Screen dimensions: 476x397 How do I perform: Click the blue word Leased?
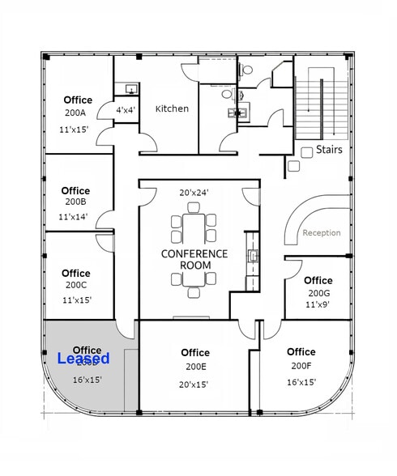(x=83, y=357)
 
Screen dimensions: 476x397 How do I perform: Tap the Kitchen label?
(x=172, y=108)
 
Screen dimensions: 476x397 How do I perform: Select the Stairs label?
(x=329, y=150)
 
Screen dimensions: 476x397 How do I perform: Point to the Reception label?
(x=322, y=233)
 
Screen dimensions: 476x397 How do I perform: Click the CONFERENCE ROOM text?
(x=194, y=259)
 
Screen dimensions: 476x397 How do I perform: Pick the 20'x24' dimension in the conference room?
(x=194, y=193)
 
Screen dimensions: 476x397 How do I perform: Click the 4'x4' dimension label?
(x=126, y=109)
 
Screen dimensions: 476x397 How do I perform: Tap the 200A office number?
(x=78, y=114)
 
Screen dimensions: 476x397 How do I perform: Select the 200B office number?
(x=76, y=202)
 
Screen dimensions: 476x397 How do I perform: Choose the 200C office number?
(x=76, y=285)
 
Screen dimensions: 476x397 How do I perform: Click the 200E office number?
(x=195, y=367)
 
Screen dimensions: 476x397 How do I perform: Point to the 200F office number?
(x=301, y=366)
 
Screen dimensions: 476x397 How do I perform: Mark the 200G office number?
(x=318, y=293)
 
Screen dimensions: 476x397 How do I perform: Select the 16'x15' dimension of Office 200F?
(x=301, y=382)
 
